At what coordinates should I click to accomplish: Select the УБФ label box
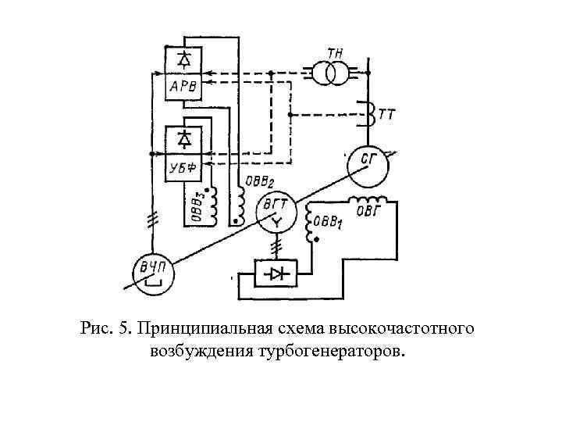[x=184, y=167]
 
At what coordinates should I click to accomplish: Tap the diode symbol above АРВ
[x=184, y=59]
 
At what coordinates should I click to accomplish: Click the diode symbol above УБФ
[x=184, y=140]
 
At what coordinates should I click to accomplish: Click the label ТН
[x=336, y=51]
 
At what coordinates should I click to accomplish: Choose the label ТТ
[x=387, y=114]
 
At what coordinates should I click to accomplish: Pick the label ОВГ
[x=370, y=209]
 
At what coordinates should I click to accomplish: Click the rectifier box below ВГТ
[x=278, y=274]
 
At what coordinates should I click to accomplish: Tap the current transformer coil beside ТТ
[x=365, y=112]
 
